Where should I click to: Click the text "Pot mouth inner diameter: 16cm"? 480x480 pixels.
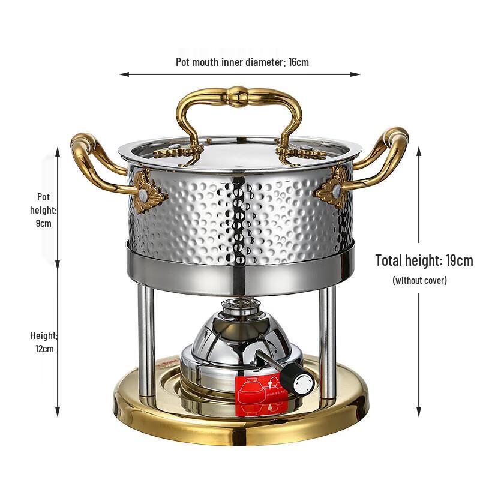[242, 62]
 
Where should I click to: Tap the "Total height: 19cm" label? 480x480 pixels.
[424, 261]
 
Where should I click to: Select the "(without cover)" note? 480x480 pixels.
[419, 280]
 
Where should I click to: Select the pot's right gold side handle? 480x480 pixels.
[384, 156]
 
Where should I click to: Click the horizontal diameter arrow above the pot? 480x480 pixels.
[239, 74]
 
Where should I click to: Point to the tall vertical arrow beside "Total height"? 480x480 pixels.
[419, 282]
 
